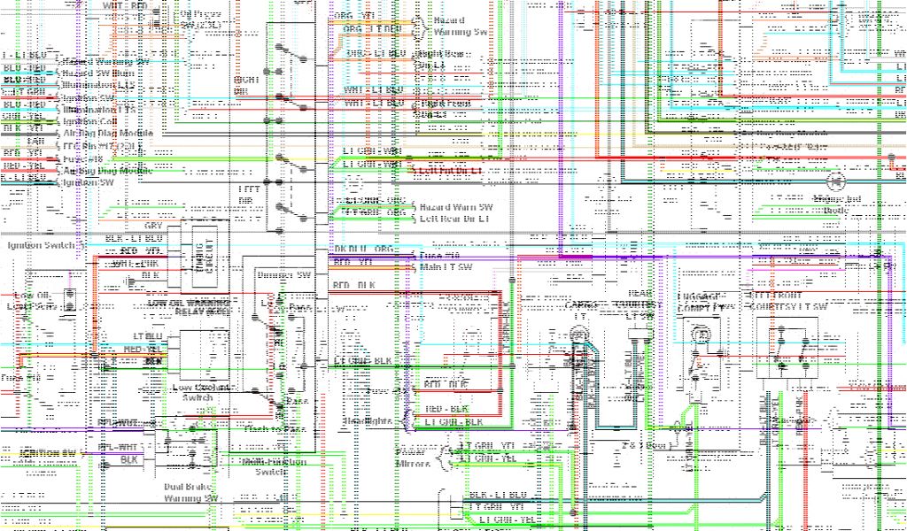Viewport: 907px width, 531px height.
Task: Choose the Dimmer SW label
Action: click(284, 275)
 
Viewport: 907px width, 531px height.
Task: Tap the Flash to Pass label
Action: click(274, 428)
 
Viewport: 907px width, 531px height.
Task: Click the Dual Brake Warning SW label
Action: click(190, 492)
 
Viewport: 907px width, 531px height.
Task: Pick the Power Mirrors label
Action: click(413, 458)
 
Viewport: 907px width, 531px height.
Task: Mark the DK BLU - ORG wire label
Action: click(364, 249)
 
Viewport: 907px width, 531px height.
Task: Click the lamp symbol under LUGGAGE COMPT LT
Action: click(700, 335)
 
